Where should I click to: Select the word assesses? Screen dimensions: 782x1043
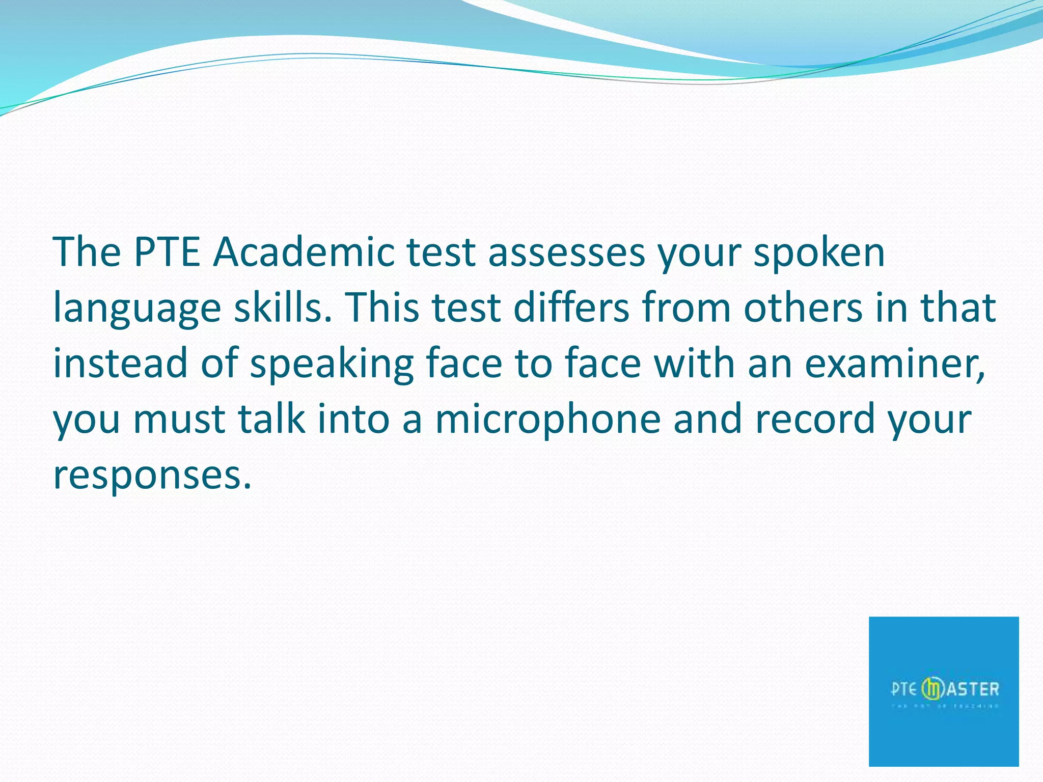coord(566,253)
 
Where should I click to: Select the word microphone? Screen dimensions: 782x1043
coord(548,420)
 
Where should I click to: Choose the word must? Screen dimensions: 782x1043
coord(179,420)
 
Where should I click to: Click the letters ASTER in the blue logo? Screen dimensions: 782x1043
coord(973,690)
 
